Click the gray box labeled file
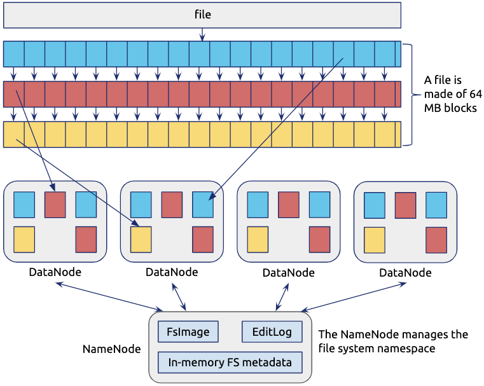pos(202,15)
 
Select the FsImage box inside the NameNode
pos(188,332)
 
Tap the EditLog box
pos(272,332)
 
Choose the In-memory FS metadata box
pos(230,363)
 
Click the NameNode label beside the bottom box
pos(112,349)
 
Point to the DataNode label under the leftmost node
pos(55,272)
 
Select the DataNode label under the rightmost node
pos(405,272)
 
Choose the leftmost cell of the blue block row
pos(13,54)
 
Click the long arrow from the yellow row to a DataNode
pos(76,181)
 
